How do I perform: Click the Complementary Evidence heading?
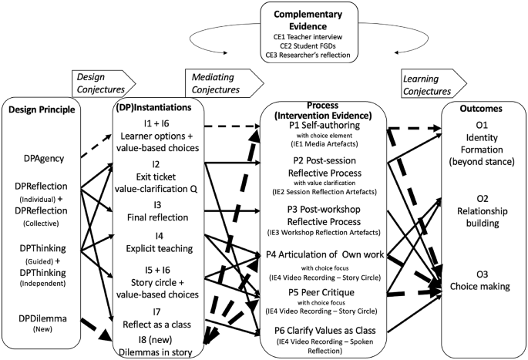pyautogui.click(x=308, y=20)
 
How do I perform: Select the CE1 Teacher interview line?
pyautogui.click(x=308, y=37)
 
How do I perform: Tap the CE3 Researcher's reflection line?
pyautogui.click(x=308, y=55)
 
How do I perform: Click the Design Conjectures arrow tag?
pyautogui.click(x=103, y=83)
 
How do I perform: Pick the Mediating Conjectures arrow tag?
pyautogui.click(x=224, y=83)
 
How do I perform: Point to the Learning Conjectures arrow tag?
pyautogui.click(x=434, y=84)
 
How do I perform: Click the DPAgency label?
pyautogui.click(x=44, y=158)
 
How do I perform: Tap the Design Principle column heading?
pyautogui.click(x=42, y=109)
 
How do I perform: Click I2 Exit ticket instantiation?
pyautogui.click(x=156, y=177)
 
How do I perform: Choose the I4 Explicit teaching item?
pyautogui.click(x=160, y=243)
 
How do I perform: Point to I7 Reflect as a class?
pyautogui.click(x=157, y=318)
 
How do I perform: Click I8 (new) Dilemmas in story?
pyautogui.click(x=155, y=346)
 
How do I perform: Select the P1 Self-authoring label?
pyautogui.click(x=325, y=126)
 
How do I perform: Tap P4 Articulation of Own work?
pyautogui.click(x=325, y=254)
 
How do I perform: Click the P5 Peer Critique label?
pyautogui.click(x=321, y=292)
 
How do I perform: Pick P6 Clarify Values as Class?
pyautogui.click(x=325, y=331)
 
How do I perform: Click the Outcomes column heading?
pyautogui.click(x=481, y=109)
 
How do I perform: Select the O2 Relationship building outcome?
pyautogui.click(x=483, y=211)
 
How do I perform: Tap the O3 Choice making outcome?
pyautogui.click(x=480, y=280)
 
